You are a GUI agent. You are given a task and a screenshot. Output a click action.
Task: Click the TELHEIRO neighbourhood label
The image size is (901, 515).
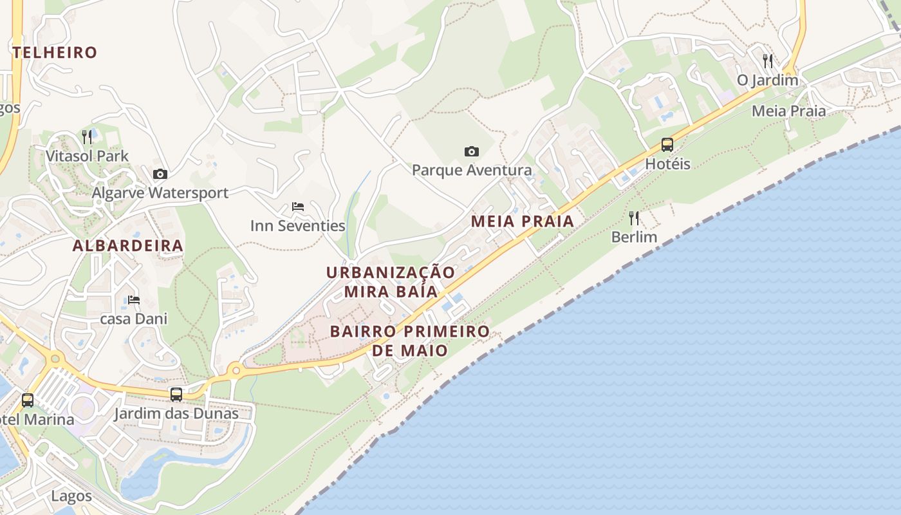(55, 52)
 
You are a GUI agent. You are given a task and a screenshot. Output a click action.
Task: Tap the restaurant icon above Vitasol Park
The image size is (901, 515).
(87, 136)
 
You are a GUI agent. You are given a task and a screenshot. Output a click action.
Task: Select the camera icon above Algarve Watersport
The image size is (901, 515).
(160, 174)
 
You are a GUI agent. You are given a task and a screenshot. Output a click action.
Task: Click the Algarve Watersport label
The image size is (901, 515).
(160, 192)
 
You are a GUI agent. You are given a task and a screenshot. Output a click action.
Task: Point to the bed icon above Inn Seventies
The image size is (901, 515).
(297, 207)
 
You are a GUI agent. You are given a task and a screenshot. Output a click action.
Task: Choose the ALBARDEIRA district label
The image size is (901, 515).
(128, 245)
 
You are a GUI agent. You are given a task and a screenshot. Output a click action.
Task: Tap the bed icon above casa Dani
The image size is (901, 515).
(133, 300)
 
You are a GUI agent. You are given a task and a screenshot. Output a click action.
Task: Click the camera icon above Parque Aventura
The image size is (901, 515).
(472, 151)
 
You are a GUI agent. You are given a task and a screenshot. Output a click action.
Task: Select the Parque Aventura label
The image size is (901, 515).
(472, 170)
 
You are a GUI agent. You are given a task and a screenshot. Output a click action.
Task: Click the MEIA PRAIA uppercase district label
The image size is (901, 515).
(522, 221)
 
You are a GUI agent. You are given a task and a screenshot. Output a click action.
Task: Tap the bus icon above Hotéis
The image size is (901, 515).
(667, 145)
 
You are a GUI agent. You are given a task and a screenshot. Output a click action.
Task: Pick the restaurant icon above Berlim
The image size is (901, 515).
(634, 218)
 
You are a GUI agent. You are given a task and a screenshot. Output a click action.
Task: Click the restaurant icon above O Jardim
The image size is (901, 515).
(767, 61)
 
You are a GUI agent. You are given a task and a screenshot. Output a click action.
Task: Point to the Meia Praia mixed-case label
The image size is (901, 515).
(788, 111)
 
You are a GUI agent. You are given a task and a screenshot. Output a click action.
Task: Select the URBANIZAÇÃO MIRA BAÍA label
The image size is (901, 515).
(391, 281)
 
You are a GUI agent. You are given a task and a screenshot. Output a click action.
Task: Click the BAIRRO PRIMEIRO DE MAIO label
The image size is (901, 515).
(410, 341)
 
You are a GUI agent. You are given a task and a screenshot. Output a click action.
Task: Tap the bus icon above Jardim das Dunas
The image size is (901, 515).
(176, 394)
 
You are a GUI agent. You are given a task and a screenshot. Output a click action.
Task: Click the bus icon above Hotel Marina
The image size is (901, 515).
(28, 400)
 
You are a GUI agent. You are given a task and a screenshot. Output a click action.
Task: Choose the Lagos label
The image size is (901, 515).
(71, 496)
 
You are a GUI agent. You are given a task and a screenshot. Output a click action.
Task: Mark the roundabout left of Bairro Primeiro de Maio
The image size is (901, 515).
(236, 370)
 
